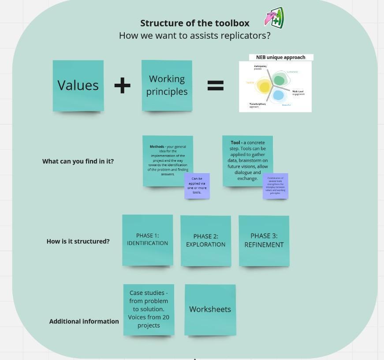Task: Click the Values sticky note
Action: [78, 85]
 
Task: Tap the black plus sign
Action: [122, 85]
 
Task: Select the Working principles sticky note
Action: [167, 85]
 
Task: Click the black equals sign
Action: [215, 85]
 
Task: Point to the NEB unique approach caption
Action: [280, 57]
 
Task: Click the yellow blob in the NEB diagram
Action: [264, 86]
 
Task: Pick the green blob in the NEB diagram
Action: [279, 80]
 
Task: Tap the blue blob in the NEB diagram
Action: [278, 95]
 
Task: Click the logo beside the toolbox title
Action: [274, 18]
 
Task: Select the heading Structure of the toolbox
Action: [195, 23]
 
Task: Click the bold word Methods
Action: [157, 147]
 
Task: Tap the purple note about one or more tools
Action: [197, 186]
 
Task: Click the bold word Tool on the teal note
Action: [235, 143]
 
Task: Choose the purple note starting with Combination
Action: [275, 186]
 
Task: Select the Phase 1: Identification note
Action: [147, 240]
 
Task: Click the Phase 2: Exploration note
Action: [205, 241]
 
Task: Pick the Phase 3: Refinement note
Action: [264, 241]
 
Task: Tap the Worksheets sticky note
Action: [210, 309]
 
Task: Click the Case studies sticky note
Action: [149, 309]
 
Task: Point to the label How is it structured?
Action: [78, 241]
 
